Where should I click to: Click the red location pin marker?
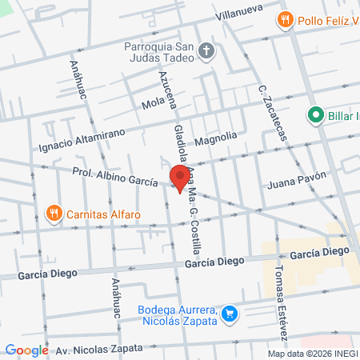[x=178, y=178]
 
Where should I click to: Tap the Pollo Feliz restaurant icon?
[x=283, y=18]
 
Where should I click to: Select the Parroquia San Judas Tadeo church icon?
[x=206, y=51]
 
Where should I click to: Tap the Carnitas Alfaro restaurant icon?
[x=54, y=214]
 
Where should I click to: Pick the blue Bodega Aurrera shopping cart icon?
[x=230, y=314]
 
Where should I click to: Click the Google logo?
[x=26, y=350]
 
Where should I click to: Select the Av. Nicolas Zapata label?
[x=98, y=349]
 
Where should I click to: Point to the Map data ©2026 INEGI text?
[x=312, y=354]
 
